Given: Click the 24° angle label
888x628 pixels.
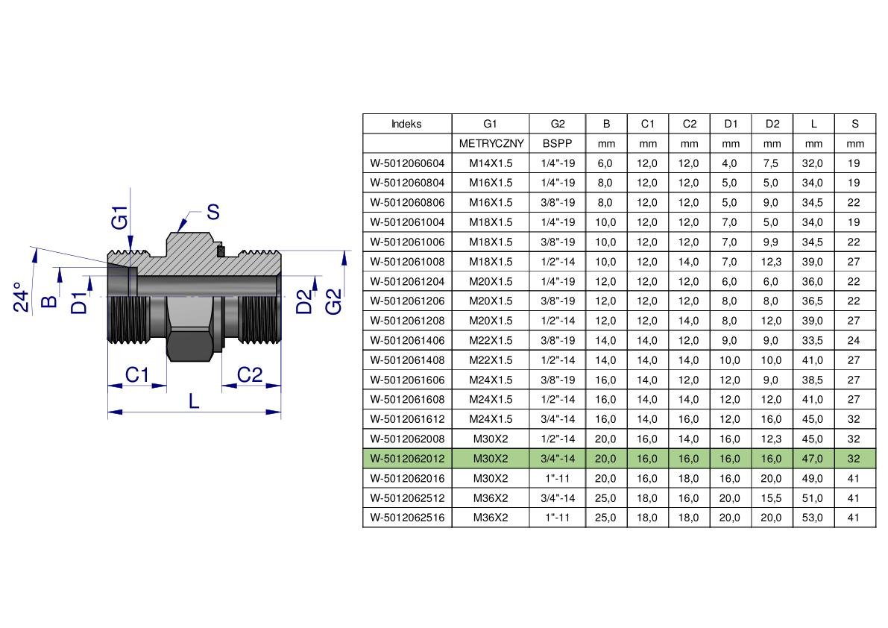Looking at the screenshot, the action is coord(21,298).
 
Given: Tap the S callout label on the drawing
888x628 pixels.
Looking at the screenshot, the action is coord(213,212).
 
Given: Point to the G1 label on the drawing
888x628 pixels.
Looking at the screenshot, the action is coord(119,218).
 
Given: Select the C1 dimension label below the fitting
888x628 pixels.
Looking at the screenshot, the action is coord(137,374).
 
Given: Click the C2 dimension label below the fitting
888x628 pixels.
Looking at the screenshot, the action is coord(250,374).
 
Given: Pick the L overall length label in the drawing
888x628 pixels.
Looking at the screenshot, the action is coord(194,401).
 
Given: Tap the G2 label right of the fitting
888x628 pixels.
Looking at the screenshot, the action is coord(333,301).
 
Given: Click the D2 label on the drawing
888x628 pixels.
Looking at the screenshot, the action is coord(304,301).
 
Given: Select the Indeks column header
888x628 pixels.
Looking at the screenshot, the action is coord(406,124).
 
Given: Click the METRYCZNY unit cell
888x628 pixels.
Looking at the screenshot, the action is coord(491,144).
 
